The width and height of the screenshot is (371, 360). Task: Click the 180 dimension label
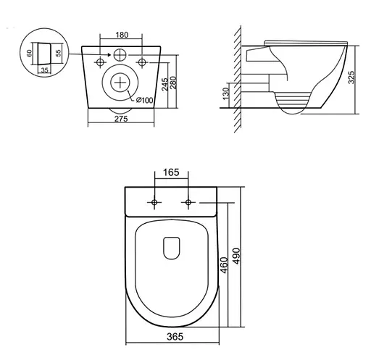tap(121, 34)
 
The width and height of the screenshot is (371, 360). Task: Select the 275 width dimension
tap(121, 120)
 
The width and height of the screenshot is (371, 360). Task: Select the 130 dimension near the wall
tap(227, 94)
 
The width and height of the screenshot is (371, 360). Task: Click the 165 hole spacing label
tap(172, 173)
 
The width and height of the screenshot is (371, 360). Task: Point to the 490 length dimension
tap(237, 256)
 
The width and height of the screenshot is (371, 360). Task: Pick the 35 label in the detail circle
tap(44, 71)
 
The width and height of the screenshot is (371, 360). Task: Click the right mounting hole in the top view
tap(188, 201)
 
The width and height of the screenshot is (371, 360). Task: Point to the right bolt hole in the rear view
tap(143, 59)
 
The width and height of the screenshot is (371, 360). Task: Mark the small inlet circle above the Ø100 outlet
tap(120, 54)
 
